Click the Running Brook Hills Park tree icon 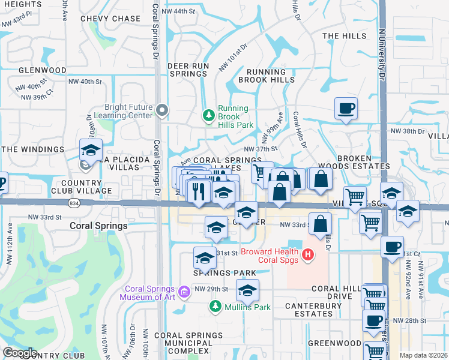click(209, 114)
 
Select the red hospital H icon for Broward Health click(308, 256)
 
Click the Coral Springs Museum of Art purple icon click(184, 292)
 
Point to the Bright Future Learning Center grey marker click(161, 109)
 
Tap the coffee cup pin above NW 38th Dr click(346, 109)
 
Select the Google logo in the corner click(20, 353)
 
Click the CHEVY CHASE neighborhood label click(110, 19)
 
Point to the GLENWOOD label click(43, 70)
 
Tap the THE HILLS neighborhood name click(344, 36)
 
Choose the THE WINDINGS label click(32, 149)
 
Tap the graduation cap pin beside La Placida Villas click(91, 150)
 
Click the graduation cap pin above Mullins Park click(247, 290)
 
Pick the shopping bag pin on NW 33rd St click(321, 224)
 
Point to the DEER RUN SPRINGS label click(179, 70)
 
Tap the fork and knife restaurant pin click(197, 191)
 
